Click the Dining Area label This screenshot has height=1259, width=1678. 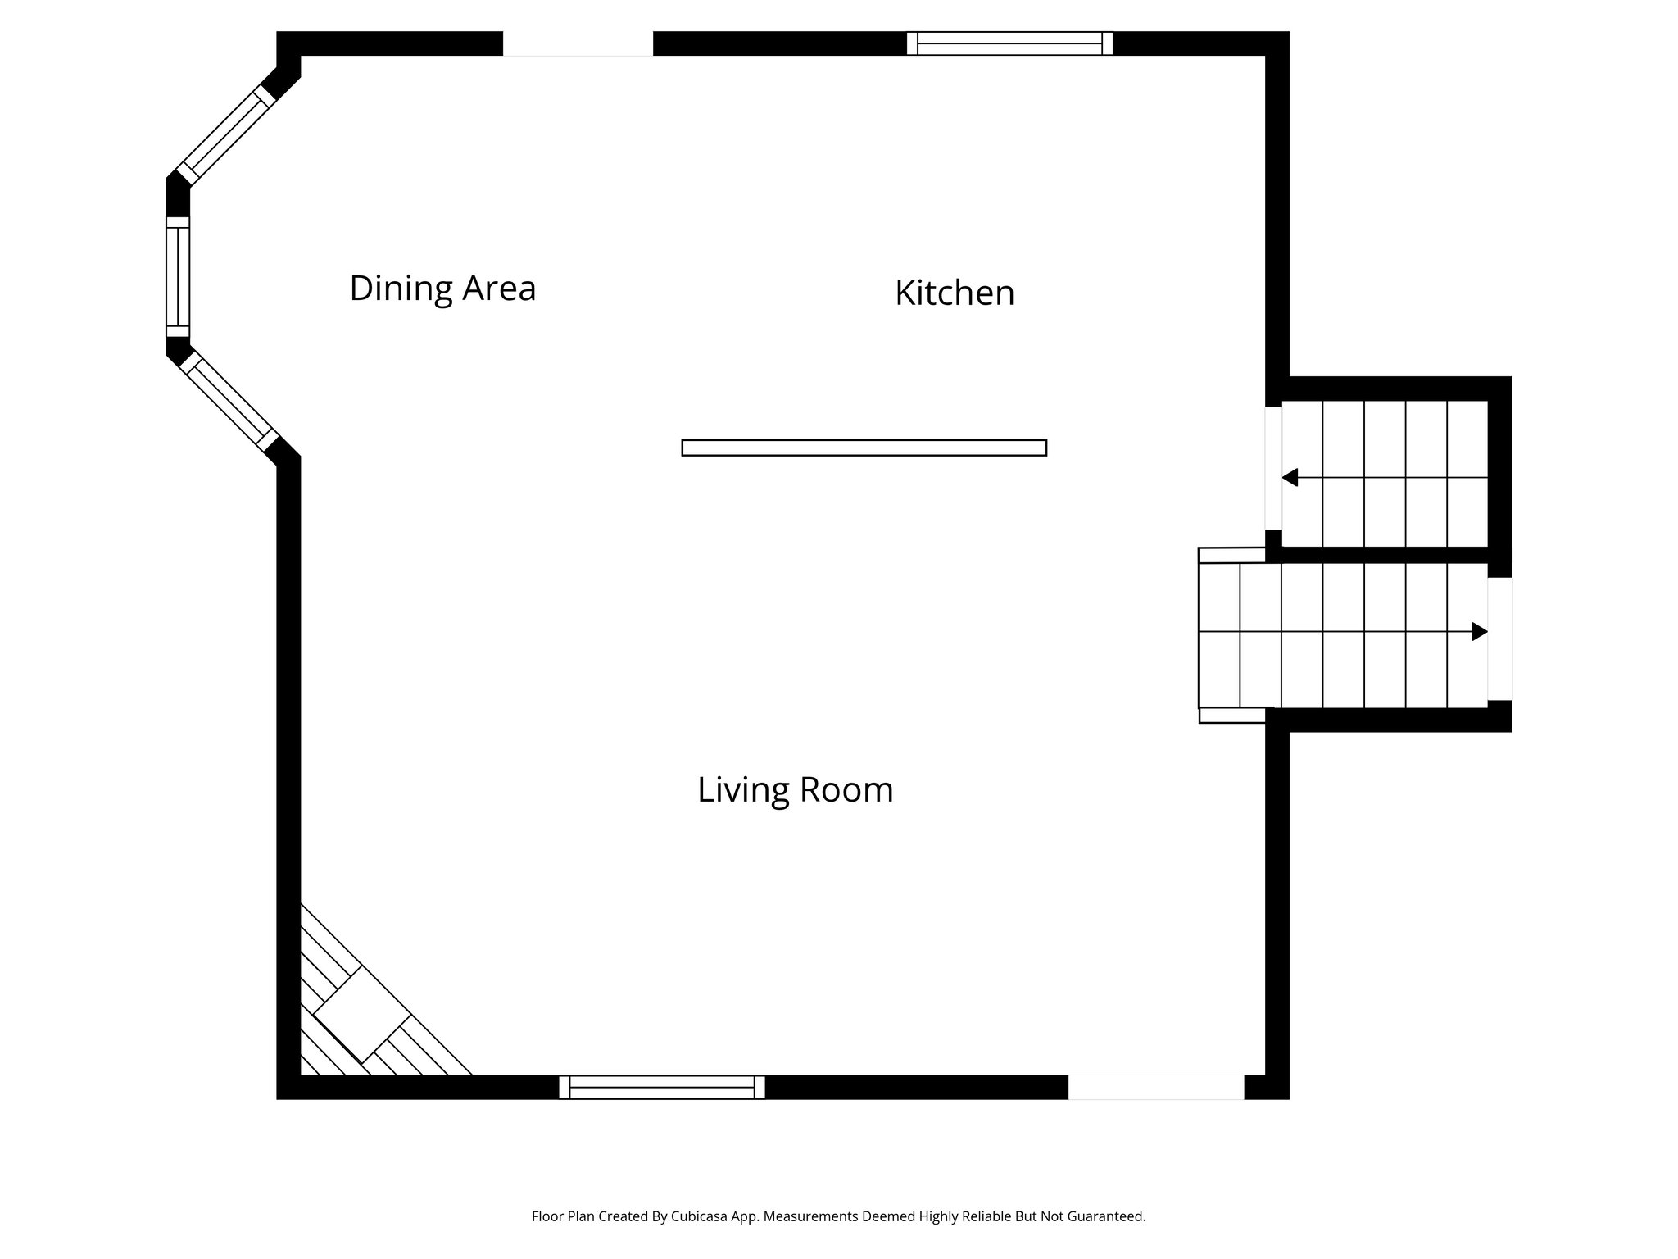[x=442, y=289]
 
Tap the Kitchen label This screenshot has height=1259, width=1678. [x=955, y=293]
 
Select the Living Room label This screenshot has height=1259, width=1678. [x=795, y=790]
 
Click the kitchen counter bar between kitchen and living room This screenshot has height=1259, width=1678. [x=864, y=448]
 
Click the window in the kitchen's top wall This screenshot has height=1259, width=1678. [x=1009, y=43]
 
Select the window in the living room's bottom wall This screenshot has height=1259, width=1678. [x=661, y=1087]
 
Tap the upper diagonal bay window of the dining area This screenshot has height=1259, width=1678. [x=226, y=135]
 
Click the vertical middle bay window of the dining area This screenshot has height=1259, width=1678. [x=178, y=277]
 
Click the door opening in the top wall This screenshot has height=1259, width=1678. [x=578, y=43]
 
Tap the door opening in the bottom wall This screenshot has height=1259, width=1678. [x=1155, y=1087]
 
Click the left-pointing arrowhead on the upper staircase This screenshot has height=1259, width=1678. [x=1290, y=477]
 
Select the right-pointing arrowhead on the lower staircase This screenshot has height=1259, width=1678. [x=1479, y=631]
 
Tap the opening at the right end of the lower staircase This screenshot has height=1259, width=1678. [x=1499, y=639]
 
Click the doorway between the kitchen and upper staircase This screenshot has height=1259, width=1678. [x=1273, y=468]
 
